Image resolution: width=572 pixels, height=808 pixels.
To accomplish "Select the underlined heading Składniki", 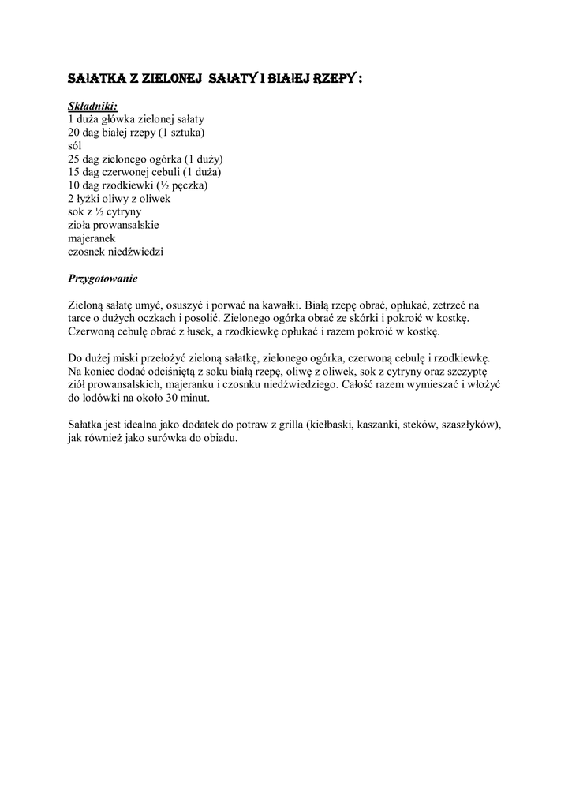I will tap(93, 105).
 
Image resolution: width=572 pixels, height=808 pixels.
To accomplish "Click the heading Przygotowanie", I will tap(104, 279).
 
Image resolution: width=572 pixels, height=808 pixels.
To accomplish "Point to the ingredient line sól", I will tap(75, 145).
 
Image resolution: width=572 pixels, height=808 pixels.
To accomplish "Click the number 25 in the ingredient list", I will tap(75, 159).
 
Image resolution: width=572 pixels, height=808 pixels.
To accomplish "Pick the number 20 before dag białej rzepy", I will tap(75, 132).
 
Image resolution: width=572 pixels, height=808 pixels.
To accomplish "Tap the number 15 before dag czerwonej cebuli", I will tap(75, 172).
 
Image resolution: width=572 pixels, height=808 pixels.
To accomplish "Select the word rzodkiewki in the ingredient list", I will tap(140, 185).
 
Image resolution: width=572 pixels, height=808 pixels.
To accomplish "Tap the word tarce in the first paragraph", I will tap(80, 318).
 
